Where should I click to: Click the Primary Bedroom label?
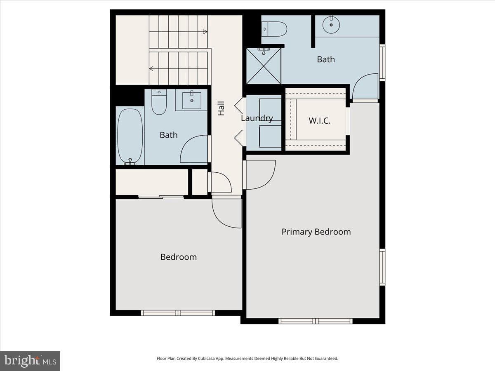pos(316,232)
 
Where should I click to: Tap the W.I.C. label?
pos(320,121)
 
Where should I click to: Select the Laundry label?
pos(257,118)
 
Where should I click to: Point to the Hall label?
pos(221,108)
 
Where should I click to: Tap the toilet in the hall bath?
pos(159,102)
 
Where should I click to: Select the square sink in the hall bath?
pos(192,101)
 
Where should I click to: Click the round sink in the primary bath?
pos(331,25)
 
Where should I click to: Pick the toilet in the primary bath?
pos(274,29)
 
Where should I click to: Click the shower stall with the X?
pos(264,66)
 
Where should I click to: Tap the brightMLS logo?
pos(30,361)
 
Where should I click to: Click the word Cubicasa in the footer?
pos(207,358)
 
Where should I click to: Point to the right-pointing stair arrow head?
pos(205,32)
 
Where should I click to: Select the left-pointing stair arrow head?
pos(151,68)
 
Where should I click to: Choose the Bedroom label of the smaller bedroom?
pos(179,257)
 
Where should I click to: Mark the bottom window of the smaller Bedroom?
pos(178,313)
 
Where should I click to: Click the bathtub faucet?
pos(130,161)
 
